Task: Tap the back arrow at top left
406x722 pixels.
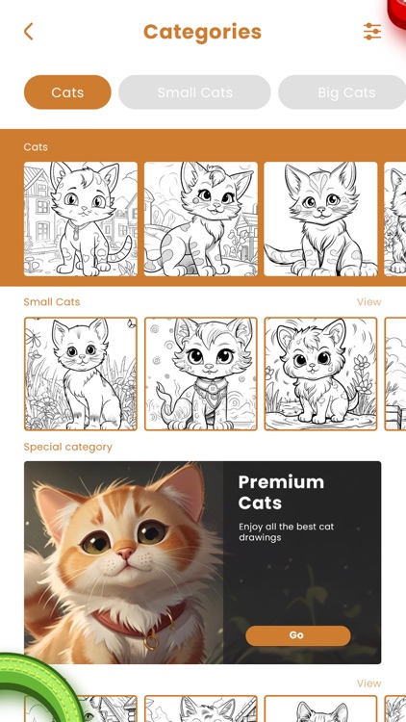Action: pos(28,32)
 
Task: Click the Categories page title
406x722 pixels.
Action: pos(202,32)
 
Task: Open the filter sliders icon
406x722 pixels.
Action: pos(372,32)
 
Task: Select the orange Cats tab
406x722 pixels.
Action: pos(67,92)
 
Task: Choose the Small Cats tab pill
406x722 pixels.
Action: pos(195,92)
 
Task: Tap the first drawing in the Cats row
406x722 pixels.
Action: pos(81,219)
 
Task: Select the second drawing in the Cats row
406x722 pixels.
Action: pos(201,219)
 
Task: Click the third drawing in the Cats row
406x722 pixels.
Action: pos(321,219)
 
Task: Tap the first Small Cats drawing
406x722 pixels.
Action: pos(81,374)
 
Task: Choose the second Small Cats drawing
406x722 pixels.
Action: pos(201,374)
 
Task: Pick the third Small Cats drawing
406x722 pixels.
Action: pos(321,374)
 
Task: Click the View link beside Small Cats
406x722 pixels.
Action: pos(368,302)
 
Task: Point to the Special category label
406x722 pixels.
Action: pos(68,448)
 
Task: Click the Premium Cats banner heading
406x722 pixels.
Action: pos(281,492)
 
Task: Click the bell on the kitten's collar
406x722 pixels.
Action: pos(150,639)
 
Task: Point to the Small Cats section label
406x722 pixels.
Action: pos(52,302)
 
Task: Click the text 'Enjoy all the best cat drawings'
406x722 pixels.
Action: pos(286,532)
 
